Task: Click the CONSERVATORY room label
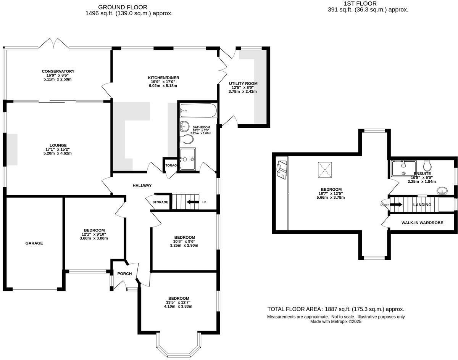58,71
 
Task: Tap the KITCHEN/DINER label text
163,78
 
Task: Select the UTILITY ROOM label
243,84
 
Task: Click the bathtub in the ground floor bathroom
198,111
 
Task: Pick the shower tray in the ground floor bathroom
188,159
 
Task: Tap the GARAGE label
34,243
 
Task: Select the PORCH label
124,274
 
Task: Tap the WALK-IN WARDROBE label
422,222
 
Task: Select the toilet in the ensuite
427,166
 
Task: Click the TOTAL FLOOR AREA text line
335,309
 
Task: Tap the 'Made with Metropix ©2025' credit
335,321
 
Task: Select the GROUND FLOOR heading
123,7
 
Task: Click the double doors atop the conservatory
54,43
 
